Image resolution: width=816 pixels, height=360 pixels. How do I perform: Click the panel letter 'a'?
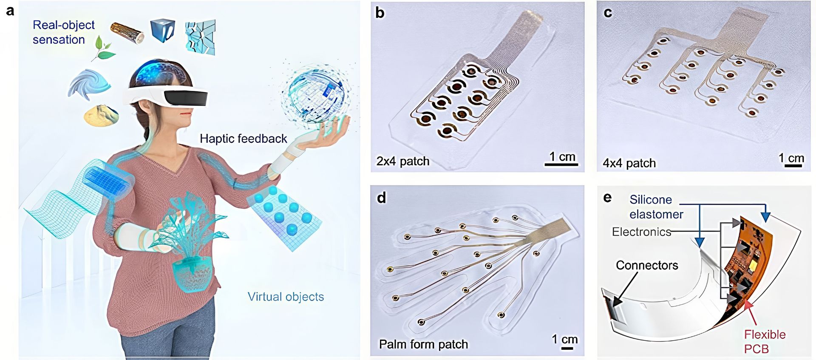tap(10, 11)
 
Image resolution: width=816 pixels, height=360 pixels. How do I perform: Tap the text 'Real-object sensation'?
tap(63, 32)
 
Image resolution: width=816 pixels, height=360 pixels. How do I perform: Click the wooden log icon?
tap(127, 33)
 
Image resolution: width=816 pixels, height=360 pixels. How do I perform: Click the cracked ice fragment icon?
tap(200, 37)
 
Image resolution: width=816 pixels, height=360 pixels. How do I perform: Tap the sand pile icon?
tap(101, 115)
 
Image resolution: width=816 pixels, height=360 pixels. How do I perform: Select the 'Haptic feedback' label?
tap(243, 139)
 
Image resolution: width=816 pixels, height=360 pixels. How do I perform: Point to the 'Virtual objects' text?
tap(286, 297)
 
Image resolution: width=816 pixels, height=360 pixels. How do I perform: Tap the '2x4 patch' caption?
tap(402, 162)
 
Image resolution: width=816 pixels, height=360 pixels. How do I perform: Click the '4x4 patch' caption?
tap(629, 163)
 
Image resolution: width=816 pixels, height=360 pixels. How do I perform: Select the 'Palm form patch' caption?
tap(423, 344)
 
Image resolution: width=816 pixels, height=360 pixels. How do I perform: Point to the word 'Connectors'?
tap(647, 265)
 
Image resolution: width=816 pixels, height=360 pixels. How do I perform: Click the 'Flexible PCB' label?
tap(764, 341)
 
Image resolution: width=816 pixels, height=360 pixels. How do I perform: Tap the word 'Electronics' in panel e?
tap(641, 232)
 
